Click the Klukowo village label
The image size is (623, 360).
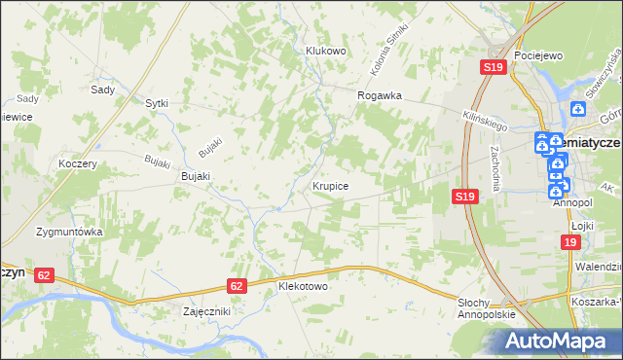coord(326,51)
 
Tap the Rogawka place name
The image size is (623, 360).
coord(380,95)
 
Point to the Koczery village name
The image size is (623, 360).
coord(77,163)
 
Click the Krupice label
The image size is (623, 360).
coord(332,184)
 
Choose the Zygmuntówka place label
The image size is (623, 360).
coord(69,233)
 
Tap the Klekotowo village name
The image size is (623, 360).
coord(303,287)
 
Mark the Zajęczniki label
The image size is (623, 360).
coord(205,311)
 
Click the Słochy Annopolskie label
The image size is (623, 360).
coord(486,310)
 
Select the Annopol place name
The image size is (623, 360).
coord(572,204)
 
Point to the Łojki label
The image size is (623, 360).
coord(582,224)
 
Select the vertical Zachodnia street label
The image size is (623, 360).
coord(497,168)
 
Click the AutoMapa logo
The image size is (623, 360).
coord(550,341)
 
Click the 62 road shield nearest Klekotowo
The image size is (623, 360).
coord(237,285)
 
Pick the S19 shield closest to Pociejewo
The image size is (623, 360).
coord(493,67)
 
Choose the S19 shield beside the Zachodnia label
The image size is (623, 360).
coord(464,197)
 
